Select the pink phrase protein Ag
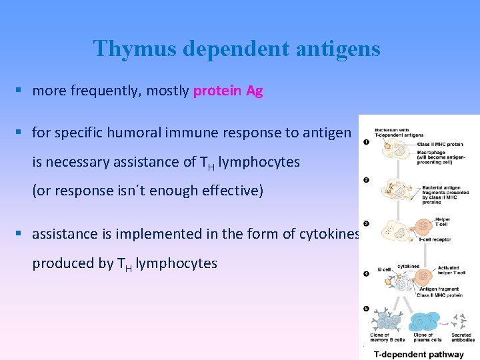(x=228, y=91)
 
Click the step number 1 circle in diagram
(x=366, y=141)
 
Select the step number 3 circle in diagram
(x=366, y=223)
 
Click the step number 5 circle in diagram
(x=366, y=309)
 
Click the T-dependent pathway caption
(x=419, y=355)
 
